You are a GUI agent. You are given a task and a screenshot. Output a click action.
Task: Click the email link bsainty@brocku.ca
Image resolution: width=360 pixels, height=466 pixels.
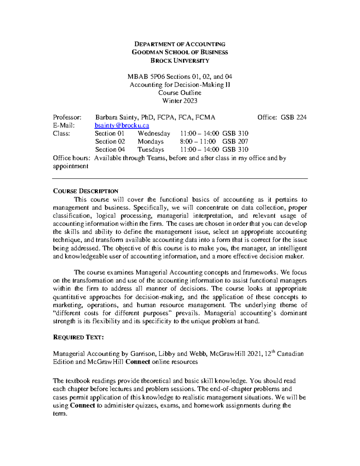(x=122, y=125)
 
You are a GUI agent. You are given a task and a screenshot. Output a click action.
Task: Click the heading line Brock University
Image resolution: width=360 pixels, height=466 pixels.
(x=180, y=61)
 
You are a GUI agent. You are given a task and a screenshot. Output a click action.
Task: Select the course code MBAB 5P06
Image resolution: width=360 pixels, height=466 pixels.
(x=146, y=77)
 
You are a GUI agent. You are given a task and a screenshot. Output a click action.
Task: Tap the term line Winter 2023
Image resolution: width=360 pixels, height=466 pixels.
(x=180, y=101)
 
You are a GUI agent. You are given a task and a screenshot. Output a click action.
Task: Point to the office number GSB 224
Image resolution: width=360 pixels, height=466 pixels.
(x=293, y=117)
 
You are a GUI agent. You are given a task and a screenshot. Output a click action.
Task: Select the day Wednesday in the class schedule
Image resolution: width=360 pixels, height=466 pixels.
(x=154, y=134)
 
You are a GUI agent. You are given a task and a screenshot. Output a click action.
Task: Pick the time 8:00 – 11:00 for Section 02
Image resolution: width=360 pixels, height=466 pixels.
(x=198, y=142)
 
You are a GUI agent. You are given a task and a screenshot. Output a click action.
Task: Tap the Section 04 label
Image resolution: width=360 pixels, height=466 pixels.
(x=110, y=150)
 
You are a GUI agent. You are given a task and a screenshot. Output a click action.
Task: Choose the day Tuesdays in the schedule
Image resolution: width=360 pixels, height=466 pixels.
(x=151, y=150)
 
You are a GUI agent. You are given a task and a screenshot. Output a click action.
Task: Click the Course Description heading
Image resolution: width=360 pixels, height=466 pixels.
(x=85, y=191)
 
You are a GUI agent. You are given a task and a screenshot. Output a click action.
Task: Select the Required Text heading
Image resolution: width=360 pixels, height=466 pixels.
(x=78, y=338)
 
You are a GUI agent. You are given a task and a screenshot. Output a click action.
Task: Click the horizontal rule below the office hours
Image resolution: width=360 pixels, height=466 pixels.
(x=180, y=179)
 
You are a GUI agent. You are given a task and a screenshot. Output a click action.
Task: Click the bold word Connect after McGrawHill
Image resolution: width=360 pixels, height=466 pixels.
(x=137, y=362)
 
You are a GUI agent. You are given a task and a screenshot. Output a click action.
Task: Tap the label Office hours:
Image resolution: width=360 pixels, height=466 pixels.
(x=71, y=158)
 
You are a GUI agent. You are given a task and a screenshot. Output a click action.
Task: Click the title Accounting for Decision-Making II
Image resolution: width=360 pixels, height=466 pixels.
(x=180, y=85)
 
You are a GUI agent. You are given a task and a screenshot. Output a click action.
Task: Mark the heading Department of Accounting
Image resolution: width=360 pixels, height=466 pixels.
(x=180, y=44)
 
